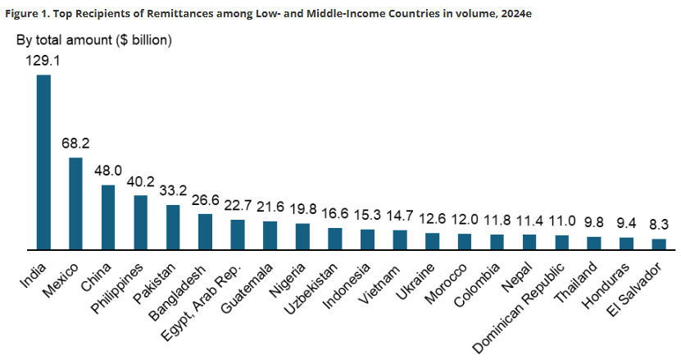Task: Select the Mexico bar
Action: coord(75,203)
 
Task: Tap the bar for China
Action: coord(108,216)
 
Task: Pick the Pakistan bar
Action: coord(173,226)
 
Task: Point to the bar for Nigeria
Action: coord(302,235)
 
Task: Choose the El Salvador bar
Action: coord(659,244)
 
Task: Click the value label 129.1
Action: coord(43,61)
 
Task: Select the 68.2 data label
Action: coord(75,143)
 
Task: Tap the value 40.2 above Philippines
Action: coord(140,181)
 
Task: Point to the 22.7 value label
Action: coord(238,206)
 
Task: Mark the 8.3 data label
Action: coord(659,224)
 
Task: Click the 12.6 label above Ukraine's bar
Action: coord(432,218)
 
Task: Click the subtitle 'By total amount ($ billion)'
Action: coord(94,39)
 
